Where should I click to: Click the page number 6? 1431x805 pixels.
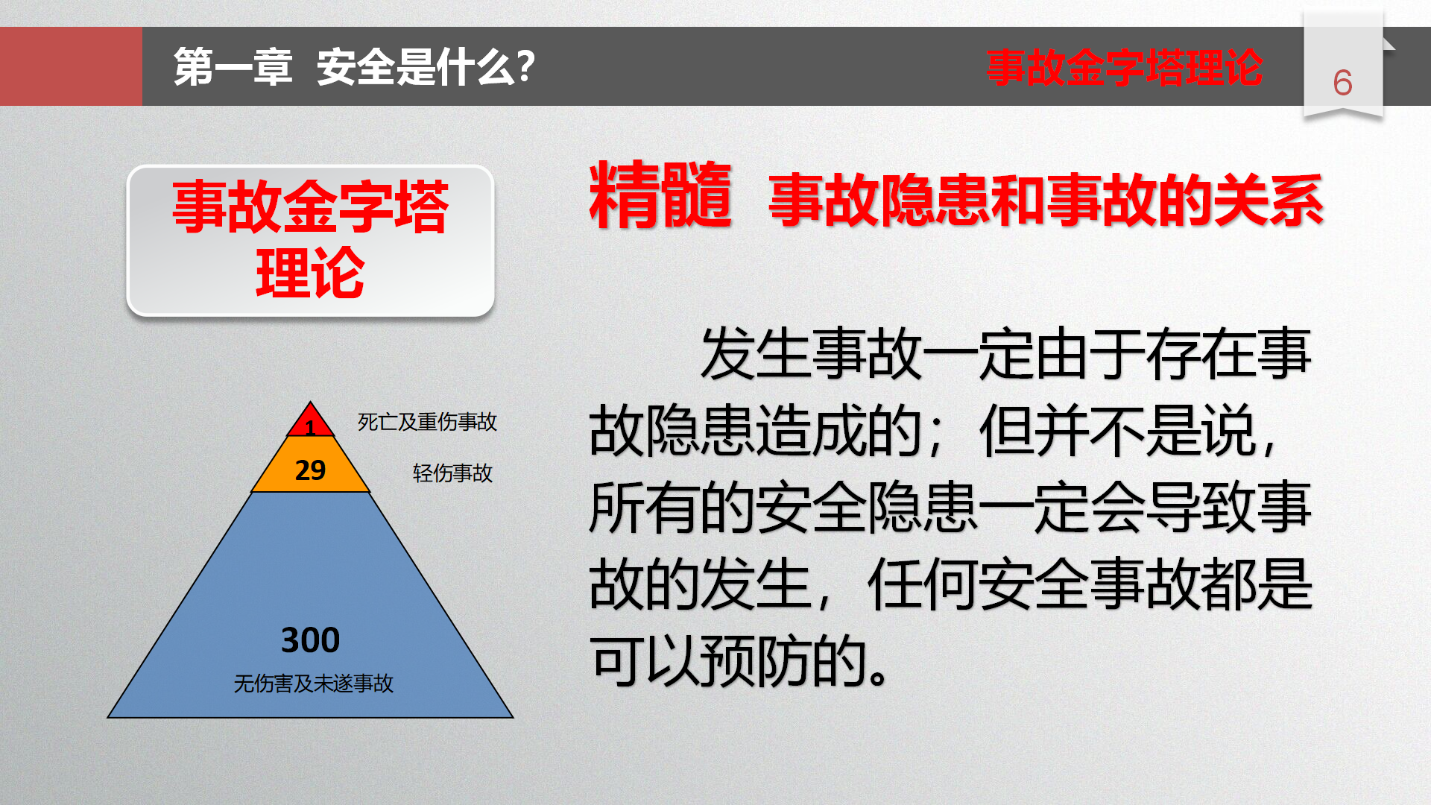[x=1342, y=83]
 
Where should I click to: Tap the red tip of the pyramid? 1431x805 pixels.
[x=310, y=422]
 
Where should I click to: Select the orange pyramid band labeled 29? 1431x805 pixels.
[x=310, y=465]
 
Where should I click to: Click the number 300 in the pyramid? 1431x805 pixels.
[x=310, y=640]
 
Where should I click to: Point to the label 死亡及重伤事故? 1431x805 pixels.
[x=427, y=422]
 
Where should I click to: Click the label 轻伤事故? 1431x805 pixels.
[x=452, y=473]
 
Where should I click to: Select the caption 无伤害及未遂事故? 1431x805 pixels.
[x=313, y=683]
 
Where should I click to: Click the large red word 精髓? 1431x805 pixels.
[x=660, y=195]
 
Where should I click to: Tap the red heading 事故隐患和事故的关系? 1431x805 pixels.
[x=1046, y=200]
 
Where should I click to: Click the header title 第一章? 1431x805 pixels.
[x=233, y=67]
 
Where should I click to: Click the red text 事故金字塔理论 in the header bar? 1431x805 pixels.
[x=1124, y=67]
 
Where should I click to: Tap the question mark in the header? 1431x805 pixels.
[x=526, y=66]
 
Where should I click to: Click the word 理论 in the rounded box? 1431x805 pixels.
[x=310, y=274]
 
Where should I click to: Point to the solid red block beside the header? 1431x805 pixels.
[x=71, y=66]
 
